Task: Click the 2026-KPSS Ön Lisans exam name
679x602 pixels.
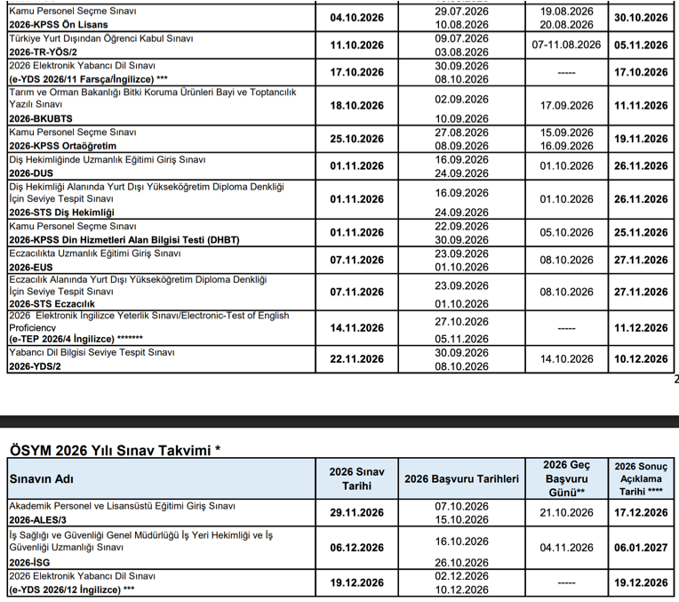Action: (x=59, y=24)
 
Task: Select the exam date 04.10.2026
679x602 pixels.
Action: (x=356, y=17)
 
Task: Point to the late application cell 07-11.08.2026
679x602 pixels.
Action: (x=566, y=44)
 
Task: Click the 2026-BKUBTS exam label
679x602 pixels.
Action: (x=41, y=117)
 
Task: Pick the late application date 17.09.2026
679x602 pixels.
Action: (x=566, y=105)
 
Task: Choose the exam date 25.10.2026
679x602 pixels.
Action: (x=356, y=139)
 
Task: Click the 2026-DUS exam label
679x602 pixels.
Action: (x=34, y=173)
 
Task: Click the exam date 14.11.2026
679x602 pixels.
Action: (x=356, y=328)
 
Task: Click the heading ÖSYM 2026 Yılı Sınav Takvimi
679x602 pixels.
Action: (x=114, y=451)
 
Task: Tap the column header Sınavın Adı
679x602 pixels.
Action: (x=40, y=479)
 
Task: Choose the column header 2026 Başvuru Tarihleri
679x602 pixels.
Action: (x=461, y=479)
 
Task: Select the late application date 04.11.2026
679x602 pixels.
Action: (x=566, y=549)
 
